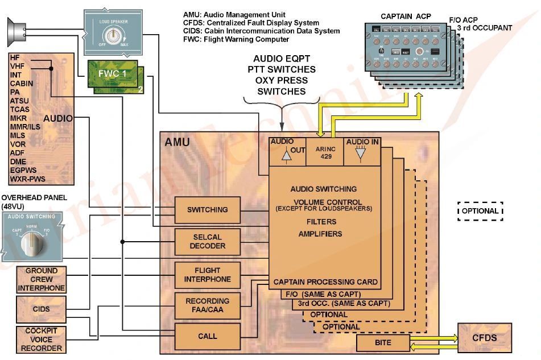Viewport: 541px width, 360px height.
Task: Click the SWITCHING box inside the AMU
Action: pos(207,210)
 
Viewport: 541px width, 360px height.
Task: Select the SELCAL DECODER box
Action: pos(207,242)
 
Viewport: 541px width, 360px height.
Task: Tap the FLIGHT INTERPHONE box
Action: pos(207,275)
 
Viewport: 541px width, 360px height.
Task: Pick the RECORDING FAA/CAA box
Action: pos(207,305)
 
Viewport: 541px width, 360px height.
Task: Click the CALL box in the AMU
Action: pos(207,336)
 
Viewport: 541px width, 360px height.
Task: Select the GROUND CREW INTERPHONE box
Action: pos(42,279)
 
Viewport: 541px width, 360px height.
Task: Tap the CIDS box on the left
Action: pos(42,309)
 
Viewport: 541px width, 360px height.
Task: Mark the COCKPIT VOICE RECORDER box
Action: pos(42,340)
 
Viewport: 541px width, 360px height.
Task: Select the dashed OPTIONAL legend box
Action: pos(481,211)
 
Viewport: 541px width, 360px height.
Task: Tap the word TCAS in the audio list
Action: pos(19,109)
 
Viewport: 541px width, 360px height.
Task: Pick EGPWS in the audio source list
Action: pos(23,170)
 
